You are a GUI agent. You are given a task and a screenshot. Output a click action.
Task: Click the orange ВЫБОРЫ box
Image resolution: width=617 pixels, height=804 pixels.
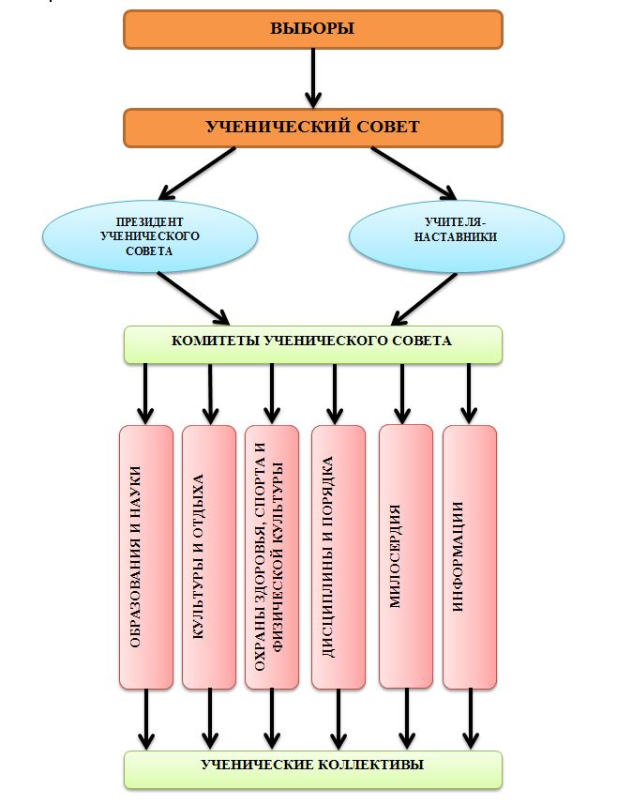[313, 28]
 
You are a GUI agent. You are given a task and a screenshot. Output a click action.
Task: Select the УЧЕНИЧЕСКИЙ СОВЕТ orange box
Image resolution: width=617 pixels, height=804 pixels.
[313, 128]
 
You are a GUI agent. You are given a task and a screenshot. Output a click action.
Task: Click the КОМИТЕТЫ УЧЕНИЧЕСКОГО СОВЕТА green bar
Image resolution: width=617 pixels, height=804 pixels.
[313, 343]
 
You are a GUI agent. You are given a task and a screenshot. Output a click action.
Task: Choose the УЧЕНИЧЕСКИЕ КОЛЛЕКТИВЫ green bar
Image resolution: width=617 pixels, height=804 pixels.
[313, 767]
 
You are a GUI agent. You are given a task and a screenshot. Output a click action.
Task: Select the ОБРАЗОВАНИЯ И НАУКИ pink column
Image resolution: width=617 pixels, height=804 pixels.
[146, 557]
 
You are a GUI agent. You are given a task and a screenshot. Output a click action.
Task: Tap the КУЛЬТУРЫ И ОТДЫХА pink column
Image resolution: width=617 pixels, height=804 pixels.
[208, 557]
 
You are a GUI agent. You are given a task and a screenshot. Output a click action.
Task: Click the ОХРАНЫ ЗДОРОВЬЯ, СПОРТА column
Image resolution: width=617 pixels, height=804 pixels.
[271, 557]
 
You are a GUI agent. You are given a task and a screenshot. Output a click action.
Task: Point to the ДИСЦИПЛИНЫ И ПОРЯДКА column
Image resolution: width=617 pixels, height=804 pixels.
[338, 557]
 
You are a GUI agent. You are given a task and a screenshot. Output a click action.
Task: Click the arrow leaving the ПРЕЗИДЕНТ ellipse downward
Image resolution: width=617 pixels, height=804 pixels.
[193, 295]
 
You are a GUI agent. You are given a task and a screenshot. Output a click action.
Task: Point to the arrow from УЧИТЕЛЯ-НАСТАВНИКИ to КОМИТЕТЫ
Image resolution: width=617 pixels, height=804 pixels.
[422, 296]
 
